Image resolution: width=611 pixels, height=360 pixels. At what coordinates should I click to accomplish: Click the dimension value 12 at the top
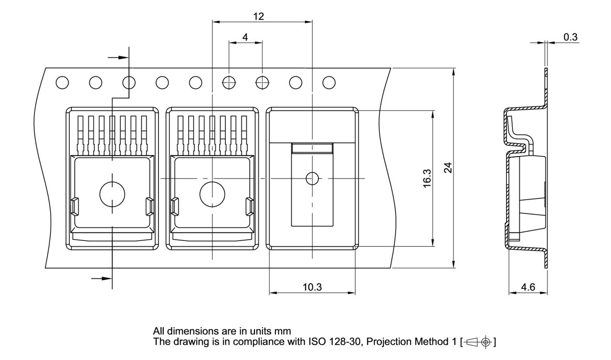(x=258, y=16)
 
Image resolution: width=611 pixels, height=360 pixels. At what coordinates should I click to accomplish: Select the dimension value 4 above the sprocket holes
(x=245, y=37)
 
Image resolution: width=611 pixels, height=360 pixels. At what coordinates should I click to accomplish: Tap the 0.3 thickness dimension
(x=570, y=37)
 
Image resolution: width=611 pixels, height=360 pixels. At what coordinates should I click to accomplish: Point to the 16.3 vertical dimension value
(x=428, y=178)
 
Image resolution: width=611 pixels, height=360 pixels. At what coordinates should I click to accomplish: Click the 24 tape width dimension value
(x=447, y=168)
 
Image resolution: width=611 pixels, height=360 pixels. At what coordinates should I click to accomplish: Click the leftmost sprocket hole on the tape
(x=62, y=83)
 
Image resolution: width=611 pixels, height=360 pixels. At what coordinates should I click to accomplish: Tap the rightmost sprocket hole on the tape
(x=329, y=83)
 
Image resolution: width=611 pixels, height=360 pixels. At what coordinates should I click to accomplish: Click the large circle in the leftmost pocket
(x=112, y=193)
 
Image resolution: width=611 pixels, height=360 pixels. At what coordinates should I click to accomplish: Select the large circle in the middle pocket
(x=212, y=193)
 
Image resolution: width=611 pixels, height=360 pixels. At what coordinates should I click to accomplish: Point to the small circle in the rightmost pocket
(x=312, y=179)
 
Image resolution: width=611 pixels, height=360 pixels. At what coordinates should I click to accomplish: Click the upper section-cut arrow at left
(x=118, y=57)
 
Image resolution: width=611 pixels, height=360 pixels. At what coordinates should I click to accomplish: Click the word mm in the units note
(x=284, y=331)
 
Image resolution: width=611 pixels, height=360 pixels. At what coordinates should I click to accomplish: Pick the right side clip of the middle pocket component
(x=249, y=206)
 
